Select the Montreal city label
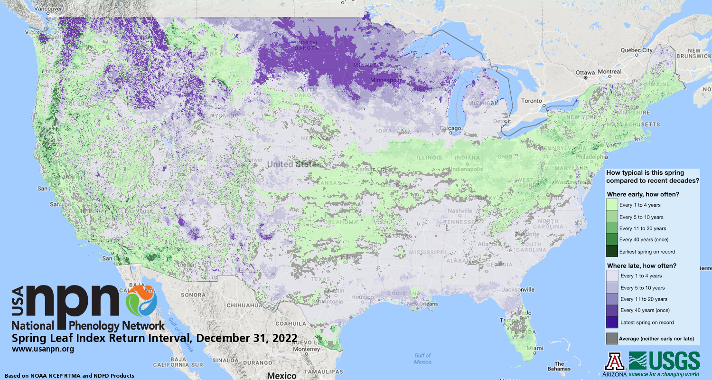609,72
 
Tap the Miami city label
536,348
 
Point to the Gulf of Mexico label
422,358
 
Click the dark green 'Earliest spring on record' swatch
612,251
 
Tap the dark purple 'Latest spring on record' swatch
612,322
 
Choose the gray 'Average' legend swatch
612,339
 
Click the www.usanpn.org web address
43,349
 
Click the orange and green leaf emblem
141,301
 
